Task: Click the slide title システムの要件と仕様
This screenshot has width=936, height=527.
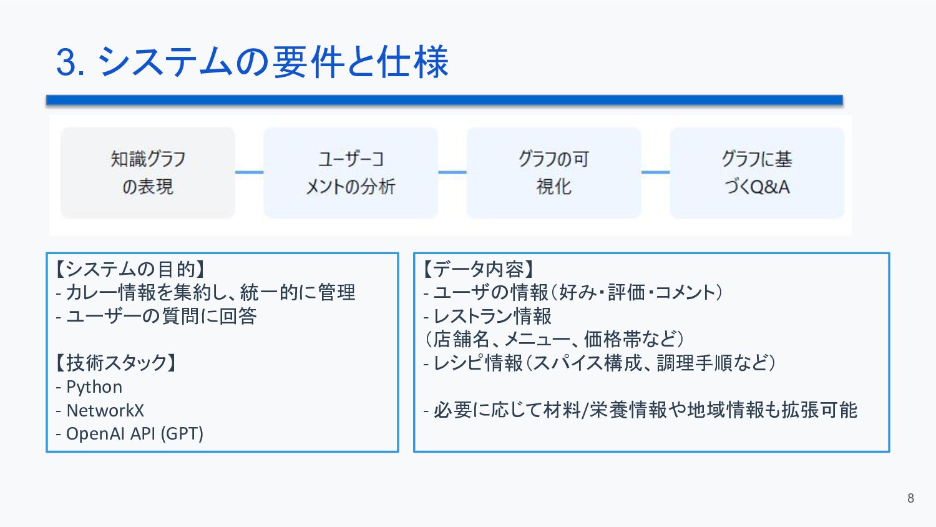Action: pos(273,62)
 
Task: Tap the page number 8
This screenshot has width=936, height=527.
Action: pos(910,498)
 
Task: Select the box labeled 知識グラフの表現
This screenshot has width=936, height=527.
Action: pos(148,173)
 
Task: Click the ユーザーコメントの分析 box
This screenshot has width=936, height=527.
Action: pos(351,173)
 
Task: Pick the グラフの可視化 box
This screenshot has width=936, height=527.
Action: pos(553,173)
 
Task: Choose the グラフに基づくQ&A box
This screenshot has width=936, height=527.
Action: pos(757,173)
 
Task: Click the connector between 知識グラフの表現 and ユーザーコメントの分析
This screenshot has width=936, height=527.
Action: pos(249,172)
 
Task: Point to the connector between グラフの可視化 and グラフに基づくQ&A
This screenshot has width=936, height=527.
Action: pos(655,172)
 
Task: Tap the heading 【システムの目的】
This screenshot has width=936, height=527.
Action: pos(130,269)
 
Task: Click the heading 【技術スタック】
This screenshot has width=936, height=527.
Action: pos(116,363)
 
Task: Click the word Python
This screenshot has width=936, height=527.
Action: pos(94,387)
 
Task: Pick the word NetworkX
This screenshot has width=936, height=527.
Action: pos(105,410)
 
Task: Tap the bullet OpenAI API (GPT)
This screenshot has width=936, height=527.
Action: pos(134,433)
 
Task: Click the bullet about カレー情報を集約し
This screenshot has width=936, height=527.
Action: pos(210,292)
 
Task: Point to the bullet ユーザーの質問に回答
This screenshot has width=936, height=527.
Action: pos(161,316)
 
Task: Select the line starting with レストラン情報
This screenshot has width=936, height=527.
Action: pos(492,316)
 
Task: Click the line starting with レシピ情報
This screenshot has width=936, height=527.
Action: pos(603,363)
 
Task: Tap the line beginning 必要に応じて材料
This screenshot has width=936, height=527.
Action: pos(645,410)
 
